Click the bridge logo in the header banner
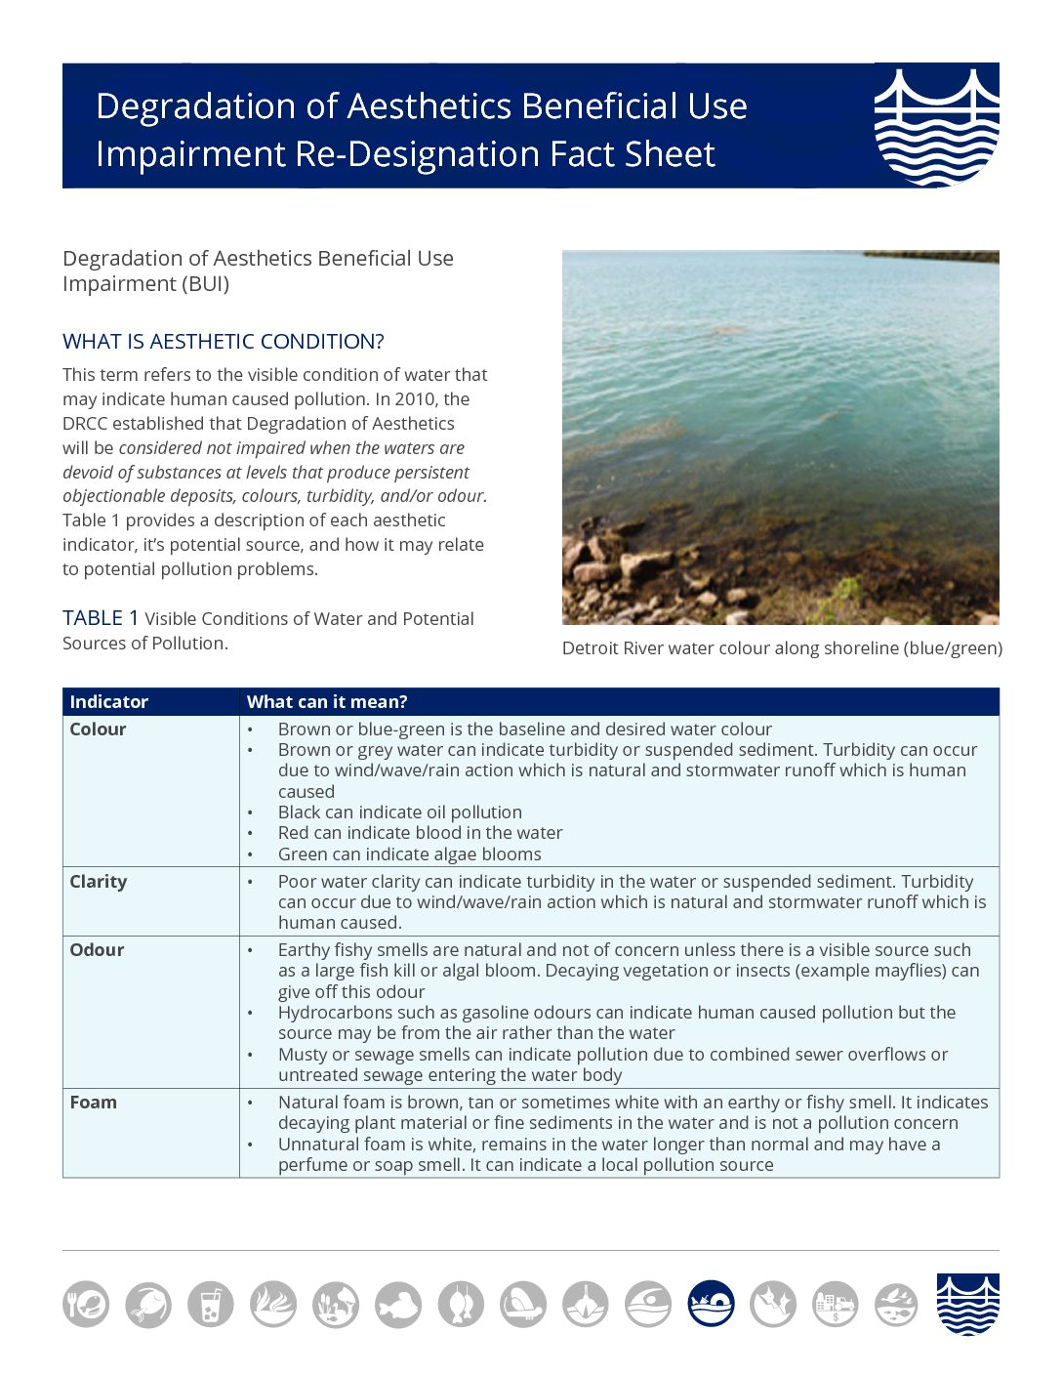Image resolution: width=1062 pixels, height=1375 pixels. click(x=936, y=125)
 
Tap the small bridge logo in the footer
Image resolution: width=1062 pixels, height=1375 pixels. click(x=967, y=1304)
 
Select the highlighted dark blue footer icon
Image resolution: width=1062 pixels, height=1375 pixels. click(x=711, y=1304)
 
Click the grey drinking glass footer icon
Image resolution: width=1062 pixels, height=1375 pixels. click(x=211, y=1304)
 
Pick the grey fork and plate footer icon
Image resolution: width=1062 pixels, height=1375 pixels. click(x=86, y=1304)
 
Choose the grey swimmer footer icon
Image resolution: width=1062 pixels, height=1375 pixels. click(x=648, y=1304)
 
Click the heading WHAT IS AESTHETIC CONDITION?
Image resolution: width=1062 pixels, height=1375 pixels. click(x=224, y=342)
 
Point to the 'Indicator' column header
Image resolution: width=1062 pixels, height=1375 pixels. click(x=109, y=701)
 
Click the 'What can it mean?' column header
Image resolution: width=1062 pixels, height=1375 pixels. click(x=327, y=701)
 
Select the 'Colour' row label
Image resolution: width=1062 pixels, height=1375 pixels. click(x=98, y=729)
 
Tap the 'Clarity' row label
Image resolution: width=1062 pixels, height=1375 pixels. click(x=99, y=882)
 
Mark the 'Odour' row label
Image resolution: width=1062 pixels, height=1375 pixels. click(x=97, y=950)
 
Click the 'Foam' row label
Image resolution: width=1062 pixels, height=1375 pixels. click(x=94, y=1103)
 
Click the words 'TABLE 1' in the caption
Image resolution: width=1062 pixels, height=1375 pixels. click(x=101, y=618)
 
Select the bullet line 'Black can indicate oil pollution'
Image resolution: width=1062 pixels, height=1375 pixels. click(x=400, y=812)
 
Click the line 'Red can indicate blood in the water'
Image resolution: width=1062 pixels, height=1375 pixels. click(x=421, y=833)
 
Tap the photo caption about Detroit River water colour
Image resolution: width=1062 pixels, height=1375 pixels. click(x=782, y=648)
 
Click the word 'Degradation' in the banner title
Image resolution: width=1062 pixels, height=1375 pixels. click(x=196, y=106)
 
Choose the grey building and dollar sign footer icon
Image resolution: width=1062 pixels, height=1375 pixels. click(x=835, y=1304)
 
